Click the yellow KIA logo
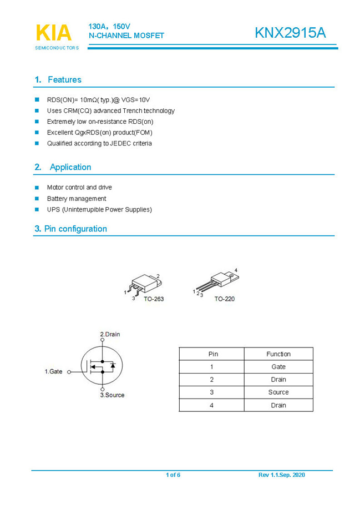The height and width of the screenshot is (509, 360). click(x=54, y=33)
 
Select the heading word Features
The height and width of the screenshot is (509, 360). click(x=64, y=80)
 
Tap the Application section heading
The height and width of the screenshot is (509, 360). click(x=70, y=167)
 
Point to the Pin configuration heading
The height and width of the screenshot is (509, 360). click(x=75, y=229)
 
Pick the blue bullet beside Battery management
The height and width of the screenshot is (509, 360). click(x=37, y=198)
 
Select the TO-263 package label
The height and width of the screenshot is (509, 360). click(x=154, y=299)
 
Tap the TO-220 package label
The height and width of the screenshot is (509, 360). click(x=225, y=299)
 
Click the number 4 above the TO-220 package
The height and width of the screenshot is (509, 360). click(x=236, y=270)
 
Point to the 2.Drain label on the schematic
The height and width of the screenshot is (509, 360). click(x=110, y=334)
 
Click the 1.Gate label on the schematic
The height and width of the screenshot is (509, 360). click(x=54, y=371)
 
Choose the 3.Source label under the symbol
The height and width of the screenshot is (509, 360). click(x=112, y=395)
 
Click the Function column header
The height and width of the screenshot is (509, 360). click(x=278, y=354)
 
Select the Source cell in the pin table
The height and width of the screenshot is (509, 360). click(x=278, y=392)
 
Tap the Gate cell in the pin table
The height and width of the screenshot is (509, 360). click(x=278, y=367)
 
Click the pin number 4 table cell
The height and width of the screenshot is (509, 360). click(x=211, y=405)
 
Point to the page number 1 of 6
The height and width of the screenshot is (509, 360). click(x=173, y=475)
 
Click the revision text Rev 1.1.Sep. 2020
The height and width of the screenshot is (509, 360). click(x=281, y=475)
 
